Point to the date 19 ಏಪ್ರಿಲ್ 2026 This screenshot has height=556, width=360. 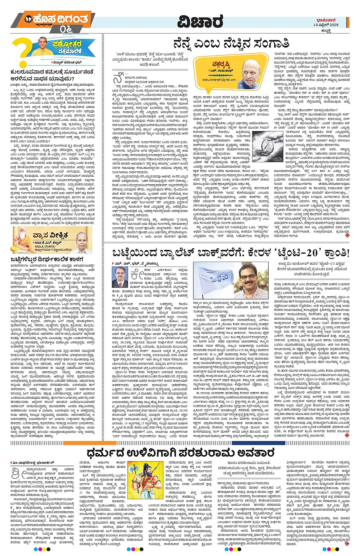[326, 25]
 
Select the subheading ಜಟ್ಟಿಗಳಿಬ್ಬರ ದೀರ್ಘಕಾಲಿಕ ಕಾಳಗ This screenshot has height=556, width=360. [47, 260]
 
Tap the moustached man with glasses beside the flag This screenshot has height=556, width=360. [251, 280]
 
